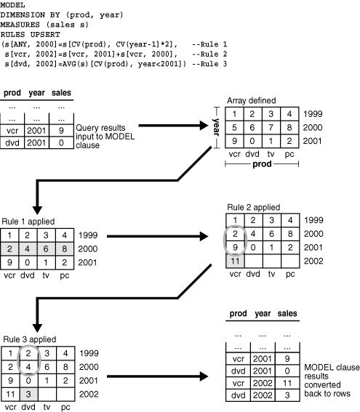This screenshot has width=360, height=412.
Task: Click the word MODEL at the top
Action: pyautogui.click(x=12, y=5)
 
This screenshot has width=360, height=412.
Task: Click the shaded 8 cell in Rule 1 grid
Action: pyautogui.click(x=89, y=249)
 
